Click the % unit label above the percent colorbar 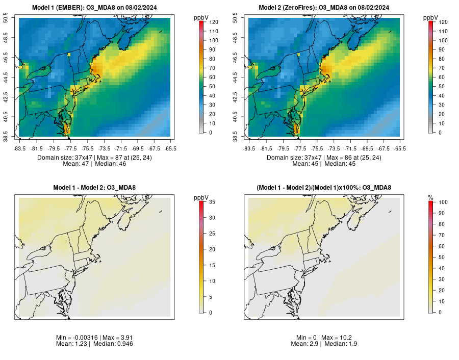(431, 197)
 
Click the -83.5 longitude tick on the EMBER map (19, 148)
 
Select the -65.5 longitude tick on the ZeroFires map (400, 148)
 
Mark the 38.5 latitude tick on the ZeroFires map (240, 136)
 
